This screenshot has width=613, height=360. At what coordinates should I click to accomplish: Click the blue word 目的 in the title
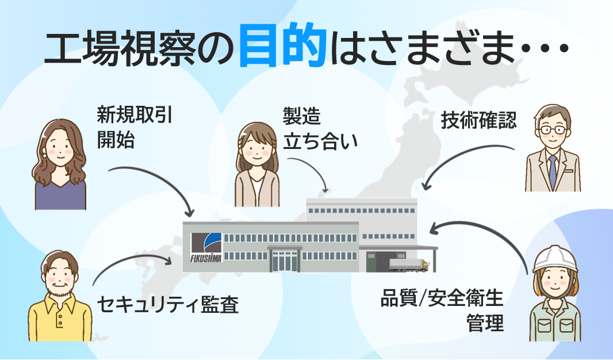282,45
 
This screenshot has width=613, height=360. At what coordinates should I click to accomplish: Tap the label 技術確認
478,120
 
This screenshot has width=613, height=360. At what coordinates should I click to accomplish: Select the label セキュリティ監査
168,304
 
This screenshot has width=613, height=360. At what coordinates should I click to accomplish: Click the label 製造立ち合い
320,129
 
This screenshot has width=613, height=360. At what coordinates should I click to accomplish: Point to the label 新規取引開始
135,127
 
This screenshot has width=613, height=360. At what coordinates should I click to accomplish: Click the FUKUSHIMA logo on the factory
206,247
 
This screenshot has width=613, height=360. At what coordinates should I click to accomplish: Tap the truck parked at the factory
409,265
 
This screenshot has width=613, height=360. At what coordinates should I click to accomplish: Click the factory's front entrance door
285,261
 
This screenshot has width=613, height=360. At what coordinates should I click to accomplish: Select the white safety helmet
555,259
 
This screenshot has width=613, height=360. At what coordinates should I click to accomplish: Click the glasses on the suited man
553,129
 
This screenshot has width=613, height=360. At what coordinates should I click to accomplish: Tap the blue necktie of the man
553,171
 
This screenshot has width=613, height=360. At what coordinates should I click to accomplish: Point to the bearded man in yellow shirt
60,296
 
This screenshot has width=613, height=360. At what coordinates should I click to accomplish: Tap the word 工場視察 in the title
119,48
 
